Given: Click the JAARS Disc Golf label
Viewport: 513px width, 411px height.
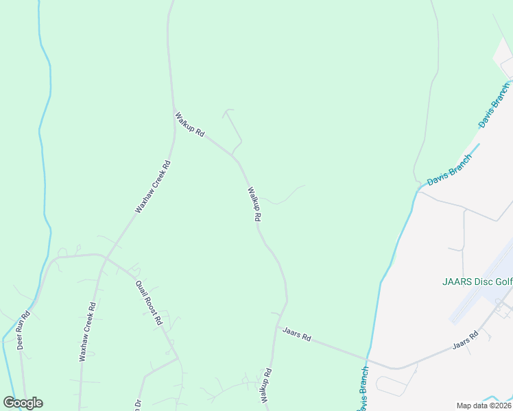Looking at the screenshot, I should tap(475, 282).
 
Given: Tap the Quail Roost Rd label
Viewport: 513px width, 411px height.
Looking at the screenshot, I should tap(148, 303).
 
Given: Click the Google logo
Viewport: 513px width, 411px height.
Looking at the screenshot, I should tap(23, 403).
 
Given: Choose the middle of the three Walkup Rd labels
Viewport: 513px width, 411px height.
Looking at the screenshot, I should tap(254, 204).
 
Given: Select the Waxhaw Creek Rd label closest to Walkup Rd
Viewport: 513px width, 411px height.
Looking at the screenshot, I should tap(152, 187).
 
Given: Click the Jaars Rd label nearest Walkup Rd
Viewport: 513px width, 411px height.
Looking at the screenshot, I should tap(297, 334).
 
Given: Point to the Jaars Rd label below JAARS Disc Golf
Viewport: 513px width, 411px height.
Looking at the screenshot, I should tap(465, 340).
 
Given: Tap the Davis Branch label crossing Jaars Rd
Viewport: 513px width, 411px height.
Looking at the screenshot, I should tap(363, 388).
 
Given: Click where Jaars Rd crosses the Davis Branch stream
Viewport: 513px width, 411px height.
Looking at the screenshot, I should tap(368, 358).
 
